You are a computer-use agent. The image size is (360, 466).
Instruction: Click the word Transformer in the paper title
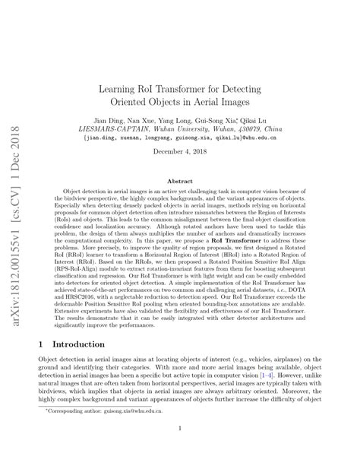point(194,88)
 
